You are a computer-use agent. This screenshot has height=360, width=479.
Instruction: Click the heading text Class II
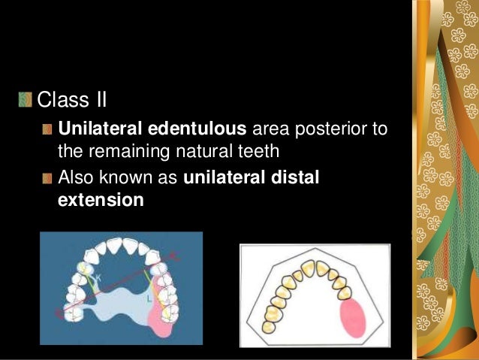tap(71, 98)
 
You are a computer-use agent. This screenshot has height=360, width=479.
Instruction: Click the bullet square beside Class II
tap(26, 98)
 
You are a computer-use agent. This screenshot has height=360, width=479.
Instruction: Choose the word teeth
tap(261, 151)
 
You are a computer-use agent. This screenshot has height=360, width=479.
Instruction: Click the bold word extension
tap(100, 201)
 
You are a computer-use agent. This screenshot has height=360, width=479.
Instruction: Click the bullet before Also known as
tap(48, 179)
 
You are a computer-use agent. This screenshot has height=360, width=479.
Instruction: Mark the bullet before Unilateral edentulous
tap(48, 129)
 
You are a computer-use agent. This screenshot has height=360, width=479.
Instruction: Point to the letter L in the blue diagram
tap(151, 299)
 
